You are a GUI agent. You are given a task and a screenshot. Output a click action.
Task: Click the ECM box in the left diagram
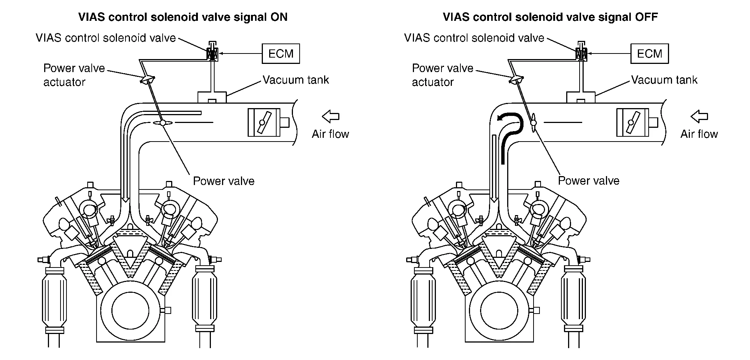click(281, 53)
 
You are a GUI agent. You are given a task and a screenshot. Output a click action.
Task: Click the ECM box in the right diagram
click(649, 53)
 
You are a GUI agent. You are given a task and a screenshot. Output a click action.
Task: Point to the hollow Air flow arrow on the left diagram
click(331, 116)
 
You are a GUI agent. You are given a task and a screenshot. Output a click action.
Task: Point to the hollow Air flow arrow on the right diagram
click(699, 116)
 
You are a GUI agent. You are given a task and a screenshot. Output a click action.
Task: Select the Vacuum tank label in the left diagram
click(296, 80)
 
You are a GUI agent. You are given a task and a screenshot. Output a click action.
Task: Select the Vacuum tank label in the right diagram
click(664, 80)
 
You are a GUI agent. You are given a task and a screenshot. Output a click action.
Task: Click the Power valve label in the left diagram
click(224, 181)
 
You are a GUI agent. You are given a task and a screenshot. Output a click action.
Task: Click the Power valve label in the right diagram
click(588, 181)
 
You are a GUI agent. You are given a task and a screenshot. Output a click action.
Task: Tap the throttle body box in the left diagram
click(264, 122)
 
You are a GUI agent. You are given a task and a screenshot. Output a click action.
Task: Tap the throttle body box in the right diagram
click(633, 122)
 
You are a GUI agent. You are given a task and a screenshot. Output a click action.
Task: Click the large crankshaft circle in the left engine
click(130, 310)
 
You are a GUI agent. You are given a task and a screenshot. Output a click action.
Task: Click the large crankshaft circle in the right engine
click(499, 310)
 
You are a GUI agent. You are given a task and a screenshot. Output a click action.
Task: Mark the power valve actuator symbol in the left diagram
click(147, 80)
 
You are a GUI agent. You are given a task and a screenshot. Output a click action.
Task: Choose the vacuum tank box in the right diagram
click(581, 97)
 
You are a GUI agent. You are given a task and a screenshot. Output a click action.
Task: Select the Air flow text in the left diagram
click(330, 134)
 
